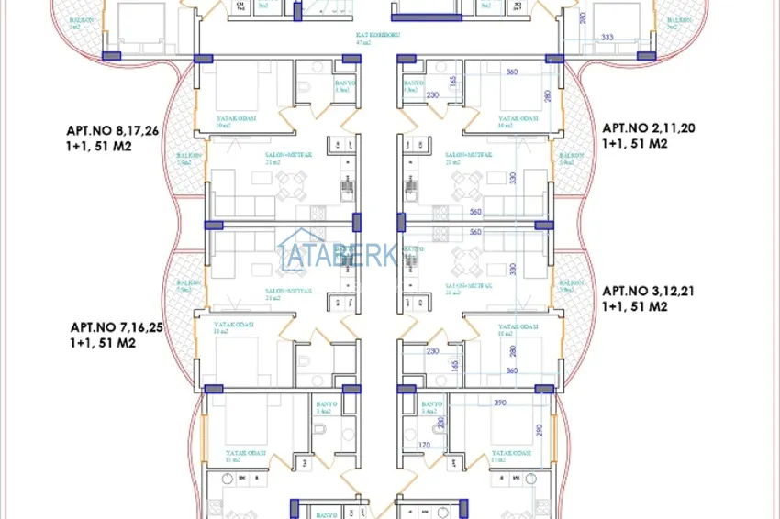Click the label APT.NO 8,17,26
[113, 131]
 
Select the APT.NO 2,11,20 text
[647, 129]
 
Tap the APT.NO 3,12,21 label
[648, 291]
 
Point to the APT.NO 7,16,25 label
[117, 327]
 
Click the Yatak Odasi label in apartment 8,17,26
[236, 118]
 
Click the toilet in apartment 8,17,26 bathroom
[303, 89]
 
